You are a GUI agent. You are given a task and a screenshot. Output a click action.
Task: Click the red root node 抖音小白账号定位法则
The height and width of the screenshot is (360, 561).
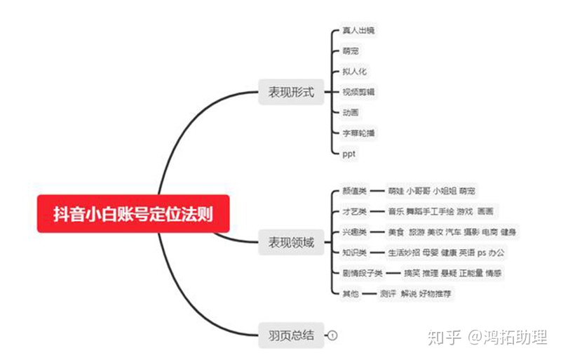[x=134, y=214]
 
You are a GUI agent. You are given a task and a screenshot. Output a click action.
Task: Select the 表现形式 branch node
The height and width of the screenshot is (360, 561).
[x=291, y=92]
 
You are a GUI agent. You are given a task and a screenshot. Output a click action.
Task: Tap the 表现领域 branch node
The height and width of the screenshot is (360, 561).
[x=291, y=242]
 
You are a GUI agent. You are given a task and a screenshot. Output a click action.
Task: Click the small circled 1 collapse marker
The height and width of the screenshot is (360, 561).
[x=333, y=335]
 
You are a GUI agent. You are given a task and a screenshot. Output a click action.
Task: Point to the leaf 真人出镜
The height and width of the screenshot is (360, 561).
[x=358, y=31]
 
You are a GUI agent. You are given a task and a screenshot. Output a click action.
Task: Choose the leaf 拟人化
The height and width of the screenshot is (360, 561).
[x=354, y=71]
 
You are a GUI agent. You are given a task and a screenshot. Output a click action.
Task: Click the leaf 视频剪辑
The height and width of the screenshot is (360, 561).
[x=358, y=91]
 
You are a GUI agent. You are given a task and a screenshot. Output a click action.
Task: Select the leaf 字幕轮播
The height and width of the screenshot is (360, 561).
[x=358, y=132]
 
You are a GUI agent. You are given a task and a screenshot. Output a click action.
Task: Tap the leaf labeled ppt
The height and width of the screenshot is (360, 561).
[x=350, y=152]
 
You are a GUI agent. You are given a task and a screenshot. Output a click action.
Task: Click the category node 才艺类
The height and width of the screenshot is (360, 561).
[x=354, y=211]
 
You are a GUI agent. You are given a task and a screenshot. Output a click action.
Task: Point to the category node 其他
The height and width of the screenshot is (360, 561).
[x=351, y=293]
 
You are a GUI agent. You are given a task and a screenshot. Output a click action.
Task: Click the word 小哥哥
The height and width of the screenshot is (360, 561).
[x=419, y=191]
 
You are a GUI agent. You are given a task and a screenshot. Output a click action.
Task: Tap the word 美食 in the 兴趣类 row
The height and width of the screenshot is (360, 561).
[x=396, y=232]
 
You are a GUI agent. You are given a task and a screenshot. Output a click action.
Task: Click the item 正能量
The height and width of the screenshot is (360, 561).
[x=471, y=272]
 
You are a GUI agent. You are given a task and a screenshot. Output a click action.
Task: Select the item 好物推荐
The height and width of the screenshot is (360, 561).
[x=435, y=293]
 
